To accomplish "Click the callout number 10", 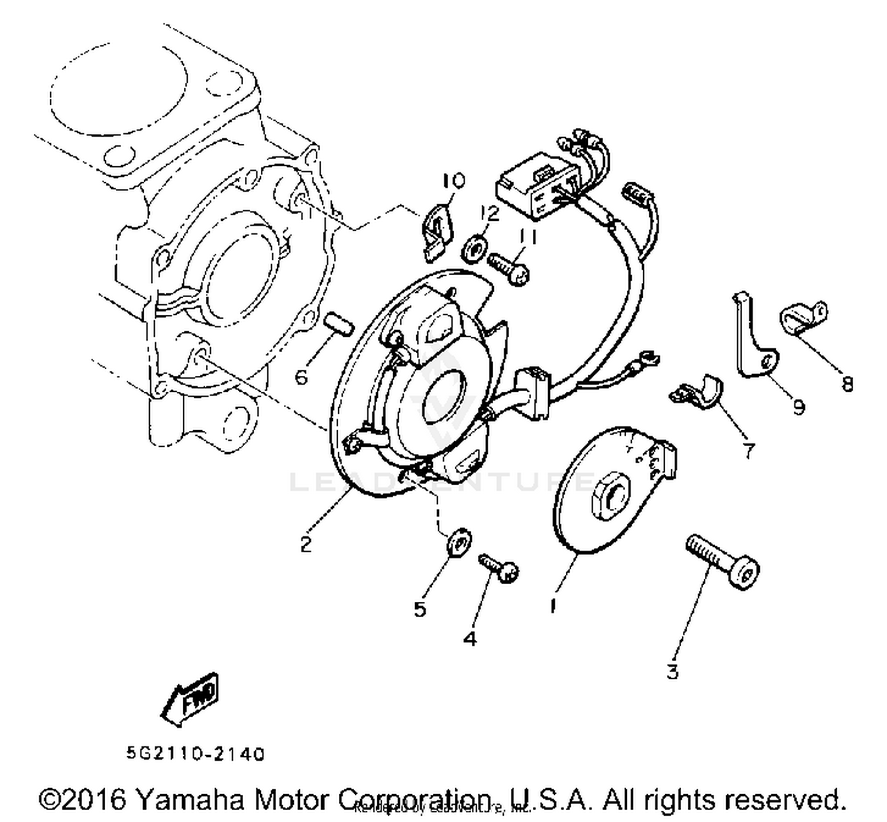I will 454,180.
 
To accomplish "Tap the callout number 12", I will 490,212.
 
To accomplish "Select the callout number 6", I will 301,376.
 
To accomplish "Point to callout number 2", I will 305,544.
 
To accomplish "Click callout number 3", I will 672,672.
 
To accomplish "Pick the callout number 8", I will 847,384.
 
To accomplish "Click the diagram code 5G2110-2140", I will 195,754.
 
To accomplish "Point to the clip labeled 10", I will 437,231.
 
